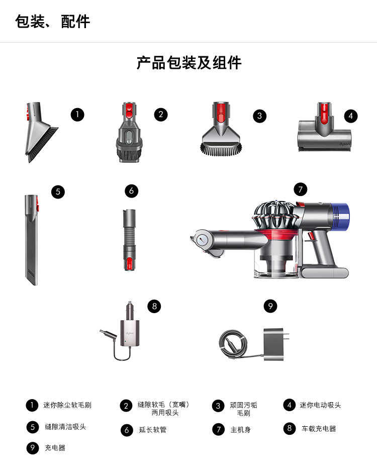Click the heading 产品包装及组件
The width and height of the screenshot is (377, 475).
[x=189, y=63]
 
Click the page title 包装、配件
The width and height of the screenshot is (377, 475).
[x=52, y=22]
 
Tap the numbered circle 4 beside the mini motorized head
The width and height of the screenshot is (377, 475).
[x=351, y=116]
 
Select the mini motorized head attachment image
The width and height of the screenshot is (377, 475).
[x=325, y=127]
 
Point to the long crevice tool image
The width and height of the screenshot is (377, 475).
[x=32, y=240]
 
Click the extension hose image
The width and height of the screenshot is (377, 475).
[x=129, y=240]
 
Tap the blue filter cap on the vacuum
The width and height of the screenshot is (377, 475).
[x=341, y=216]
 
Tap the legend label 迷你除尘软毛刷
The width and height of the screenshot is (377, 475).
[x=67, y=405]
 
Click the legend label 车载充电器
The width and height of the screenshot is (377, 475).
[x=319, y=429]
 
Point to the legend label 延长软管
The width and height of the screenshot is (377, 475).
[x=153, y=430]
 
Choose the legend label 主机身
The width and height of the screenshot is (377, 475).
[x=241, y=430]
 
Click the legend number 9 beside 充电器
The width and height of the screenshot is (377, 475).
[x=33, y=448]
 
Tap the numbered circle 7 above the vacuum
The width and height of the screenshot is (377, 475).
[x=301, y=189]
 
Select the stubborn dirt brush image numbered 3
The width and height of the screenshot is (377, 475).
[x=221, y=129]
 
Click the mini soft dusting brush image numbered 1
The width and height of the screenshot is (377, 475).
[x=41, y=132]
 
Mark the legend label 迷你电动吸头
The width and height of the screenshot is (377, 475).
[x=320, y=405]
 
